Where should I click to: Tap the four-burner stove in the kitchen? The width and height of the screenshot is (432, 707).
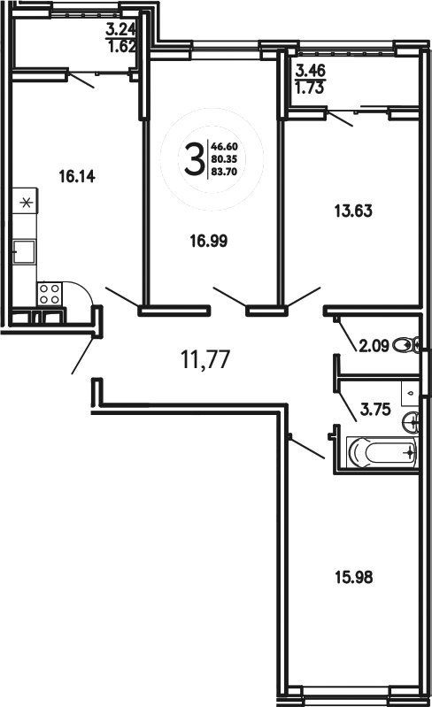pyautogui.click(x=50, y=293)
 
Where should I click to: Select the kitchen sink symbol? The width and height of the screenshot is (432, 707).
pyautogui.click(x=24, y=253)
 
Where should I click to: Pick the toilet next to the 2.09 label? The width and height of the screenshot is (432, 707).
pyautogui.click(x=406, y=345)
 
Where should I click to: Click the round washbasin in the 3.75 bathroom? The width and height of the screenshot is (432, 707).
pyautogui.click(x=410, y=419)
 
